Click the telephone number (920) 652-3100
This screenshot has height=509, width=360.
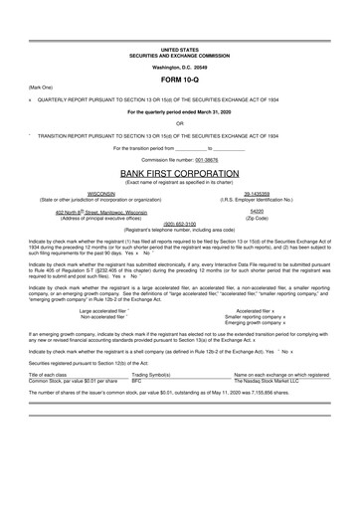[180, 224]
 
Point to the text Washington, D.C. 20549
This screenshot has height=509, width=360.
[180, 66]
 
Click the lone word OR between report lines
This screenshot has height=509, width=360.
[180, 123]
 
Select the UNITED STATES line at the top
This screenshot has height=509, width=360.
[180, 48]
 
